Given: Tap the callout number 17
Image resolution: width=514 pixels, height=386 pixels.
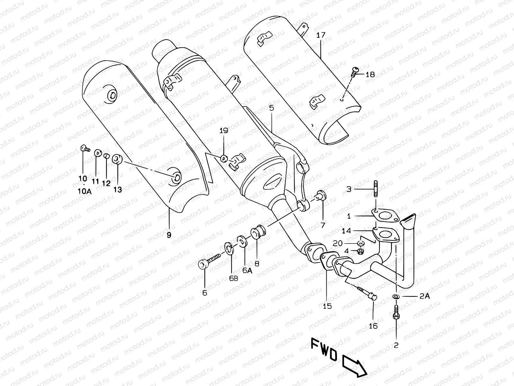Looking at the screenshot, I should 321,35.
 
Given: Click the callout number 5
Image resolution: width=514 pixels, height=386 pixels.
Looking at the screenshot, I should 271,108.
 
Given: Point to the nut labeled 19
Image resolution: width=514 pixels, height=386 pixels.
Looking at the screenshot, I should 224,158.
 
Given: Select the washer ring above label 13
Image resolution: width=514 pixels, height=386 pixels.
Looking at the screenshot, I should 117,159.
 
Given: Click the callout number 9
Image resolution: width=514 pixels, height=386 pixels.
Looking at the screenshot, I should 169,235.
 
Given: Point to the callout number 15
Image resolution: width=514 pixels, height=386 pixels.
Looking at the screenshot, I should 327,306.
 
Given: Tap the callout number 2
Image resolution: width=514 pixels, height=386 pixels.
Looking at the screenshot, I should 396,345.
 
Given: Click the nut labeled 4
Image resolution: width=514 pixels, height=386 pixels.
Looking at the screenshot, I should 361,252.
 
